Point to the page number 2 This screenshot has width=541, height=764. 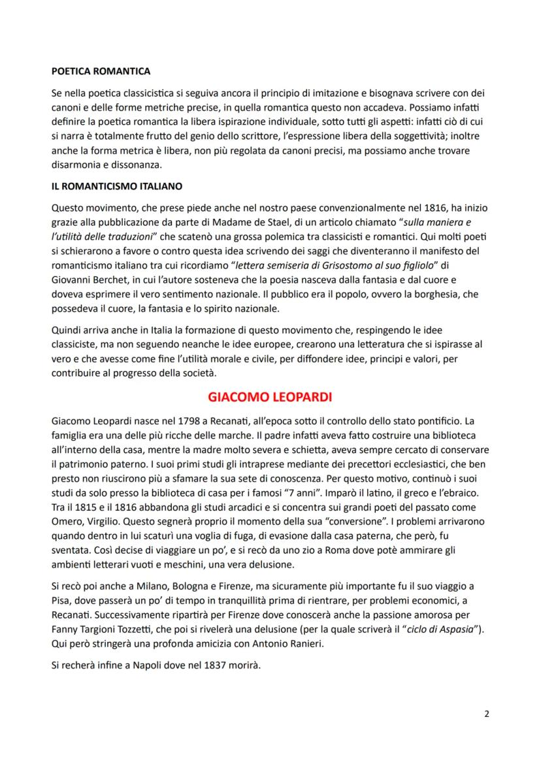click(x=487, y=713)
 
